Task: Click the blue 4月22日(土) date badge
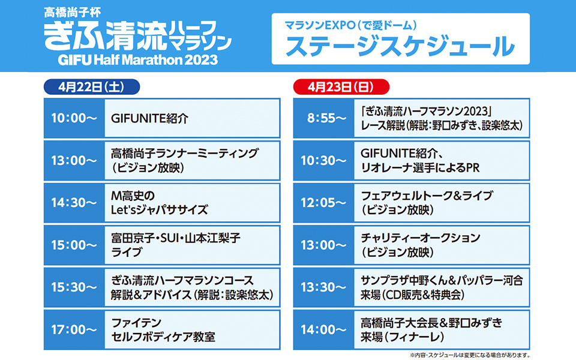click(x=92, y=87)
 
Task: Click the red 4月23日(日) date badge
click(x=341, y=87)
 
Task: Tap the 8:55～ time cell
click(x=323, y=118)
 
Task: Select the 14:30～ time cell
click(x=74, y=203)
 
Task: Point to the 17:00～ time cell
click(x=74, y=329)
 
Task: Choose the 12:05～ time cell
click(x=323, y=203)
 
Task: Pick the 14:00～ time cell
click(x=323, y=329)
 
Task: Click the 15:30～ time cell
click(x=74, y=287)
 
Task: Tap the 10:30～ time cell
click(x=323, y=161)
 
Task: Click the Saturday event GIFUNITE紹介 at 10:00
click(x=149, y=118)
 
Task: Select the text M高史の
click(x=133, y=196)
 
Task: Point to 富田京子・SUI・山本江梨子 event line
click(x=176, y=238)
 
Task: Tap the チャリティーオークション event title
click(x=420, y=238)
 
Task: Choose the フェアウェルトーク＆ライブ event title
click(x=427, y=196)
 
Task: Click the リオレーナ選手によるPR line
click(x=420, y=168)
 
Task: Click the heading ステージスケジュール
click(x=400, y=46)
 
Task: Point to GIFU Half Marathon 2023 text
click(x=138, y=59)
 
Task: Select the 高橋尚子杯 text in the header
click(x=73, y=12)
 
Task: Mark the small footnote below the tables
click(x=470, y=355)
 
